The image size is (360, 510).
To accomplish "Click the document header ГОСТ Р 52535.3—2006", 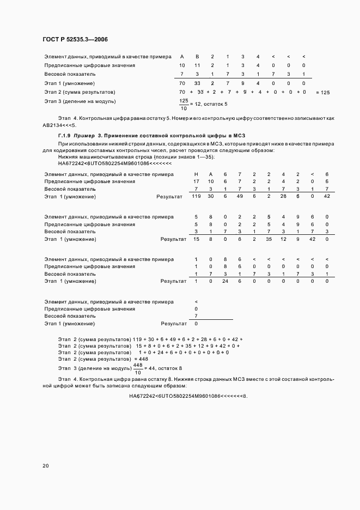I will [x=79, y=39].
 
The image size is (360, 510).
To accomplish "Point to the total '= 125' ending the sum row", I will [x=322, y=93].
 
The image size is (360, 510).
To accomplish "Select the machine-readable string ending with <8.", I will [x=188, y=396].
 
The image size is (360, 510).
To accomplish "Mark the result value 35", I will [x=269, y=239].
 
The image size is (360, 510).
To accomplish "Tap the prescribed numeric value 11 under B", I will [x=197, y=65].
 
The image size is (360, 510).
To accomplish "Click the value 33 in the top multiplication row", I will [x=197, y=83].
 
